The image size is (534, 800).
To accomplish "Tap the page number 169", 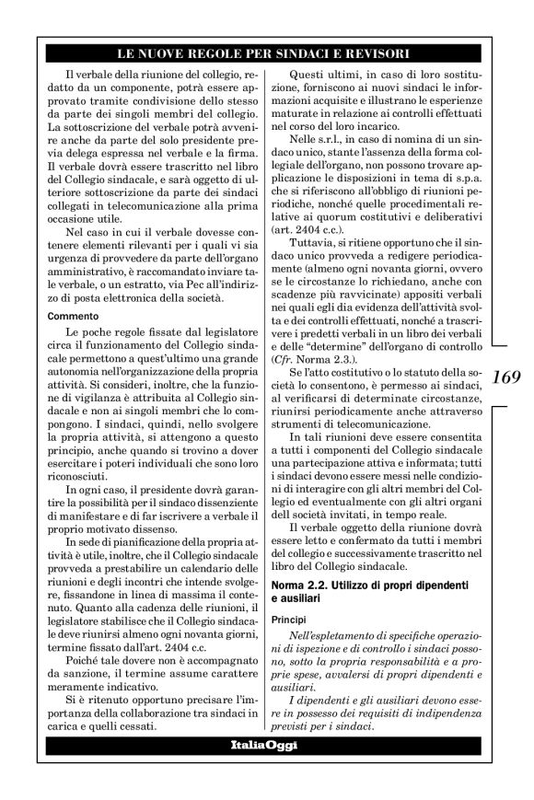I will (507, 376).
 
